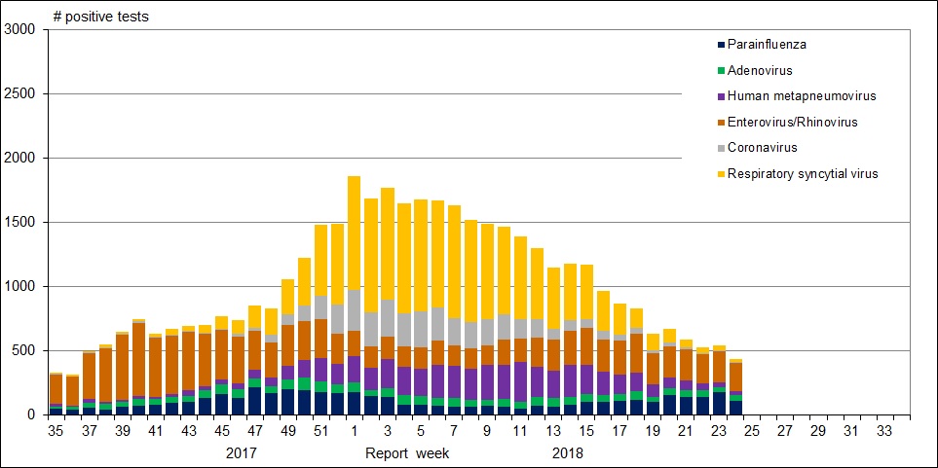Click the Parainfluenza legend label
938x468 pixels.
click(x=768, y=45)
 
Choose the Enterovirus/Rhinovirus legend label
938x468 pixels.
click(x=798, y=123)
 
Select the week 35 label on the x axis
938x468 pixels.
click(x=56, y=429)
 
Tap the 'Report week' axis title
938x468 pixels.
click(x=409, y=453)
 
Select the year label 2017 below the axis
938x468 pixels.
click(x=242, y=453)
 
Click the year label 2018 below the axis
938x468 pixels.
click(x=567, y=453)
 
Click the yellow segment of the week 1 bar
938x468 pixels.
click(x=353, y=234)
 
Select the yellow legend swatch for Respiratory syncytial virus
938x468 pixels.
click(x=721, y=174)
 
